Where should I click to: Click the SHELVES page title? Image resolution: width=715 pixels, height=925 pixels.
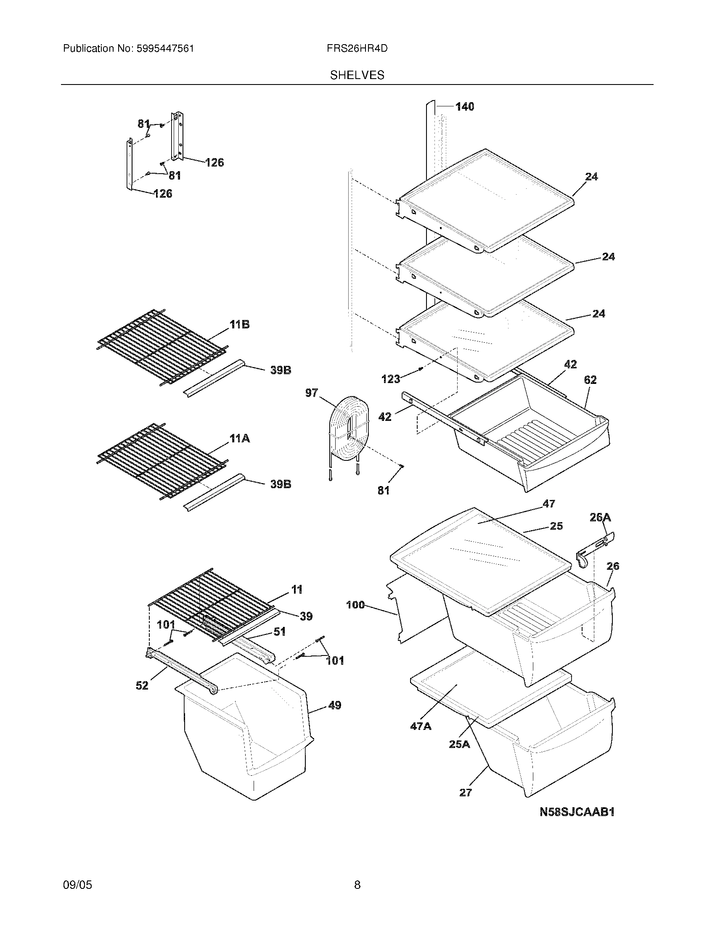pos(357,75)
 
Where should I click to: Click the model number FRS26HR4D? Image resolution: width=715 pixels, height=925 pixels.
pos(357,48)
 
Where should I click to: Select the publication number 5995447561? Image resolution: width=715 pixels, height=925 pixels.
pos(165,48)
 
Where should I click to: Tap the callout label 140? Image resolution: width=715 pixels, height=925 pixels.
pos(465,107)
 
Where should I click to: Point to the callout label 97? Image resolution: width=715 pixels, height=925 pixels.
pos(311,393)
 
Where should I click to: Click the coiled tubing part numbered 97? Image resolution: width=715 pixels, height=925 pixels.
pos(350,432)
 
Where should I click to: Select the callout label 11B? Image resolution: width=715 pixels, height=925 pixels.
pos(239,325)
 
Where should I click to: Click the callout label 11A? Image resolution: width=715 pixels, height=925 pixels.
pos(239,439)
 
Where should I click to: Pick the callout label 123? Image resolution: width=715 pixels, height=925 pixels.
pos(391,379)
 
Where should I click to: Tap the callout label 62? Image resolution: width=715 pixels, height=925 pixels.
pos(590,380)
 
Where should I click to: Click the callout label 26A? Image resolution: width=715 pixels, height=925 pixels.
pos(600,517)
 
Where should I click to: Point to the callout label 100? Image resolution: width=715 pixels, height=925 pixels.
pos(355,605)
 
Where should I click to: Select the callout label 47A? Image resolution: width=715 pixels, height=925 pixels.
pos(421,727)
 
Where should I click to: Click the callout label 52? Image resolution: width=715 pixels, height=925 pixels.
pos(142,685)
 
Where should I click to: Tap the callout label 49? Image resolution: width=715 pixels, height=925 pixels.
pos(335,705)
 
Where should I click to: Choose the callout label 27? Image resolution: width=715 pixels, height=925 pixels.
pos(465,793)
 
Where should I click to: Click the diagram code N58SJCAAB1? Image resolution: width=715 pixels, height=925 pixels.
pos(577,812)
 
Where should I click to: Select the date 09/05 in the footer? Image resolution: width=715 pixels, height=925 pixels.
pos(77,885)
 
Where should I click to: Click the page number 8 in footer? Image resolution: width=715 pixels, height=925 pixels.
pos(357,885)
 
